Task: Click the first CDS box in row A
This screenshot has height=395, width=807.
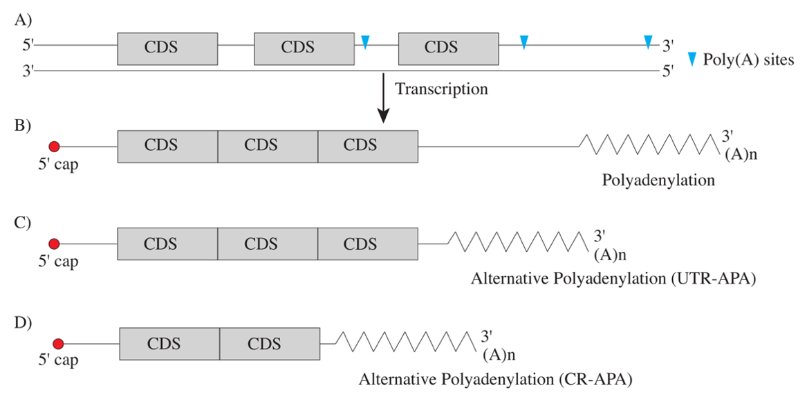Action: (161, 48)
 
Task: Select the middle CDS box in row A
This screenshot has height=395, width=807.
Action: (298, 48)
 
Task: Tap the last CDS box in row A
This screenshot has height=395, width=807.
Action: (441, 48)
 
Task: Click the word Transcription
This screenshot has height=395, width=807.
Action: (441, 89)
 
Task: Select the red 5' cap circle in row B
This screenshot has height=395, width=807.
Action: (55, 146)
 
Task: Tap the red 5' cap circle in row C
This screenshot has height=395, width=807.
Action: (55, 244)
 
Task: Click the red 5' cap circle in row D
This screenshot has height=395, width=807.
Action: (58, 343)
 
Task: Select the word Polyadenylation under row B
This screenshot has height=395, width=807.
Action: (658, 181)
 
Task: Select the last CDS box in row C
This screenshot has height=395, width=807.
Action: (367, 244)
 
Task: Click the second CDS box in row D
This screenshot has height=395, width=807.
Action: (270, 344)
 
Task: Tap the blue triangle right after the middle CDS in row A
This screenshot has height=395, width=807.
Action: (365, 42)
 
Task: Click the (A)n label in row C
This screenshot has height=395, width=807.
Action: (610, 254)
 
